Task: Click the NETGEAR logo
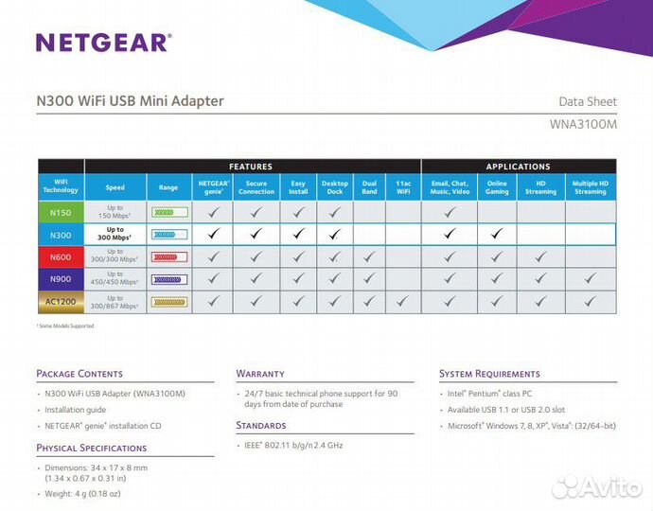[103, 42]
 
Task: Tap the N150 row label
[60, 212]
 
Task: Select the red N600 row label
[60, 256]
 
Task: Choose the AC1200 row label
[60, 300]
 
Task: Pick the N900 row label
[60, 278]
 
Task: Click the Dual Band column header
[369, 187]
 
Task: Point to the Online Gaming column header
[497, 187]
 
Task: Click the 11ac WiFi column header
[403, 187]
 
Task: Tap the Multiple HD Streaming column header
[590, 187]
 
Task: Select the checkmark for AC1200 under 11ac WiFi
[403, 300]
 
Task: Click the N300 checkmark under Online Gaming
[497, 234]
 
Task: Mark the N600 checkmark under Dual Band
[369, 256]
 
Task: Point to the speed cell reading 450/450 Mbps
[115, 278]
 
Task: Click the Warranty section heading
[260, 374]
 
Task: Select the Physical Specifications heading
[92, 448]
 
